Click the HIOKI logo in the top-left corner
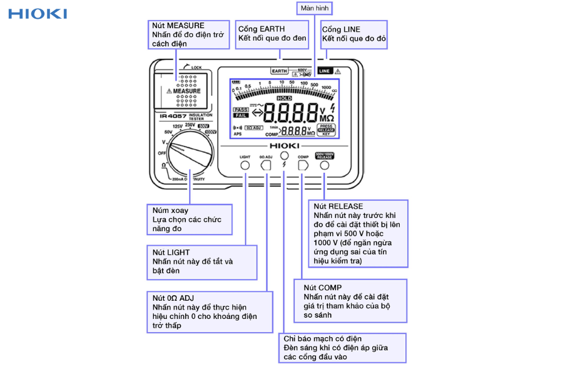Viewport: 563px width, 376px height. tap(38, 13)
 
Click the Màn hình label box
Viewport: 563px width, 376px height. tap(313, 8)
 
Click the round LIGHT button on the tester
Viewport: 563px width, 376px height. tap(245, 165)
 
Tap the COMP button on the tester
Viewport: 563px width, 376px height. tap(303, 165)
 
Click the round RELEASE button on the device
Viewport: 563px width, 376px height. tap(325, 165)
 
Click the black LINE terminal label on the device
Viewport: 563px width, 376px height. tap(325, 71)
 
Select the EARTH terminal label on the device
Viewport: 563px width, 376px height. tap(279, 71)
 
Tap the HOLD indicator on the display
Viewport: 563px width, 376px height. tap(284, 98)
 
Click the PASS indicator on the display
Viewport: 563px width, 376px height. tap(241, 110)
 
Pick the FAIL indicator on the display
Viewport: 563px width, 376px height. tap(241, 116)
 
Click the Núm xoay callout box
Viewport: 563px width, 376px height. tap(188, 219)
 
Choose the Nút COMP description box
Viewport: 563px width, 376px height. tap(350, 301)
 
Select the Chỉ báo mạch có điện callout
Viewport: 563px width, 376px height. tap(342, 348)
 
